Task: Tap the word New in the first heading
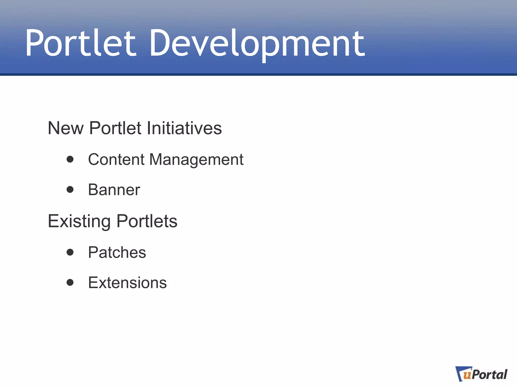[65, 128]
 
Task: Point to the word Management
[196, 160]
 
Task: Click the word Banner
[114, 190]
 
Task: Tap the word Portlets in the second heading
[147, 221]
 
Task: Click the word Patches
[117, 252]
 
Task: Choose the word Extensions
[127, 282]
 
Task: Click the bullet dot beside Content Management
[70, 159]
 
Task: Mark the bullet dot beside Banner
[70, 189]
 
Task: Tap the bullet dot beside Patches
[70, 252]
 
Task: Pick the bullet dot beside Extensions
[70, 282]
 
